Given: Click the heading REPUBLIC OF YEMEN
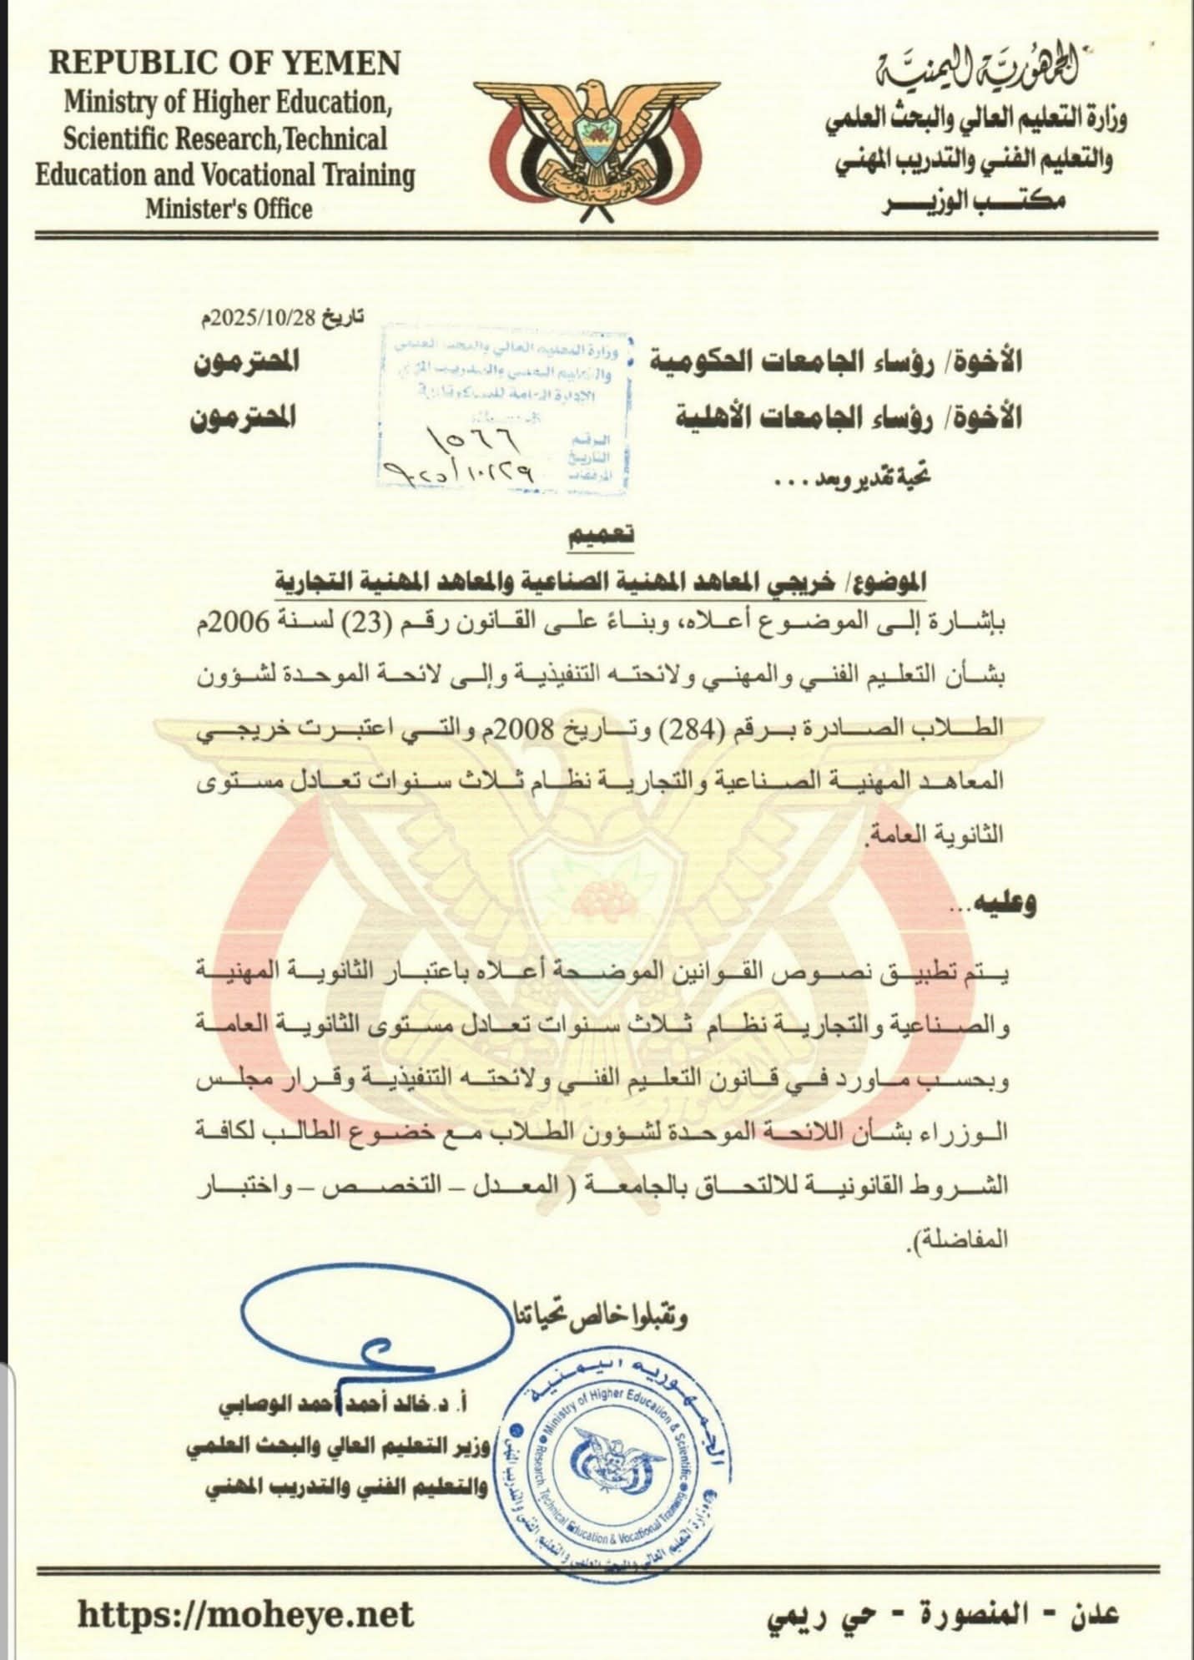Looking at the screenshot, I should pos(225,64).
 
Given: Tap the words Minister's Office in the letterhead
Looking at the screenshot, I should pos(229,209).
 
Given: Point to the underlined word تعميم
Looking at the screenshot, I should pos(601,537).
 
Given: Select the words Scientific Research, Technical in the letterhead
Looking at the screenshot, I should pos(225,139).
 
